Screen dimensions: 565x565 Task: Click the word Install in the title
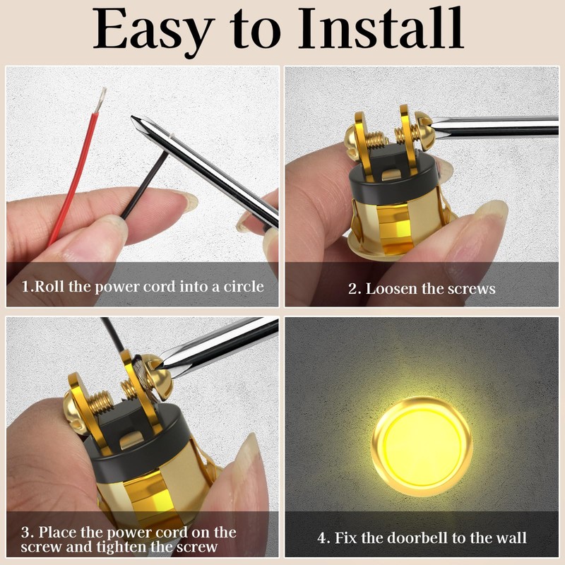click(x=381, y=30)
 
